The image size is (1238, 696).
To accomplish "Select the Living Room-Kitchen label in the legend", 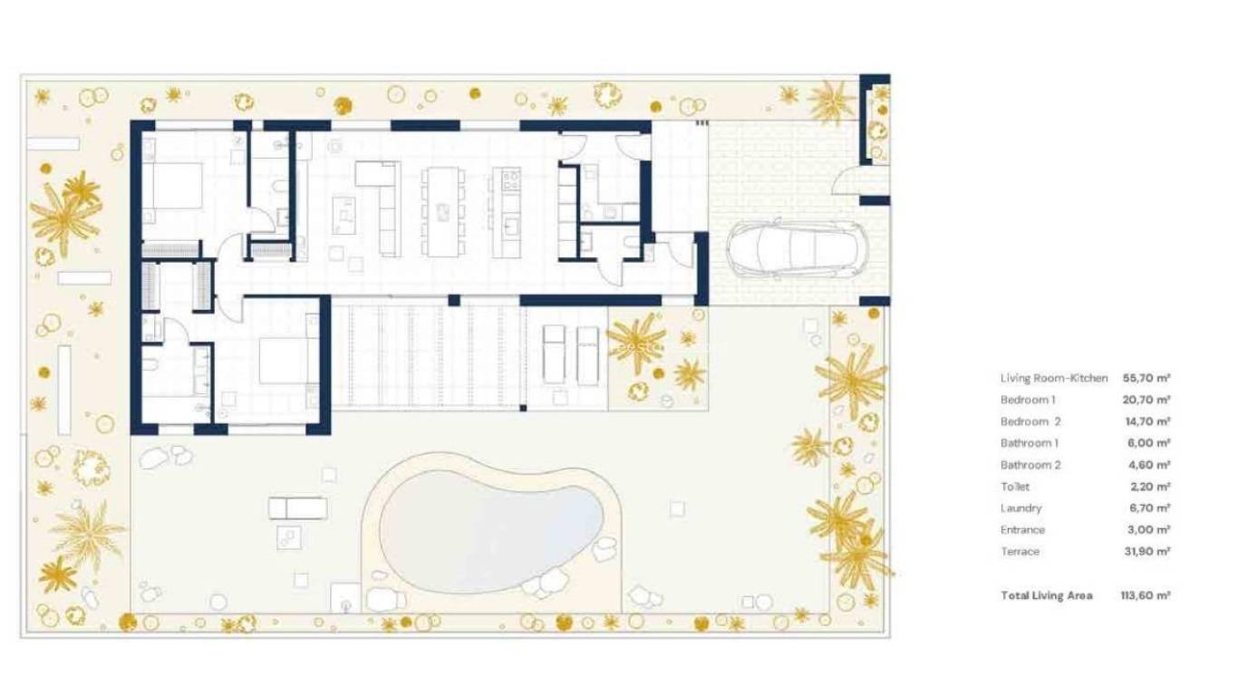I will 1053,378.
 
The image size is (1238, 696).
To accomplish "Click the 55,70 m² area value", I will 1146,378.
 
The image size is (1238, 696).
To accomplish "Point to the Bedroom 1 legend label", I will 1028,400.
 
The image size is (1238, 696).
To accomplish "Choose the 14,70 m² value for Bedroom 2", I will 1146,421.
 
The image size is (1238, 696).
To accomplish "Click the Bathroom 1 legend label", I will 1029,443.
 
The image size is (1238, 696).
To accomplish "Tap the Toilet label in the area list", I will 1015,487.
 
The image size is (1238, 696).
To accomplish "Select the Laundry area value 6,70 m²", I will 1146,508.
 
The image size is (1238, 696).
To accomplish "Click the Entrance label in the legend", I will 1022,530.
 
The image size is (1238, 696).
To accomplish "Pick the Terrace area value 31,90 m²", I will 1146,552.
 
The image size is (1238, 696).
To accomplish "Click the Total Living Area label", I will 1046,595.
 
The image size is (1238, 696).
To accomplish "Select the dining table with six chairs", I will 443,210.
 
